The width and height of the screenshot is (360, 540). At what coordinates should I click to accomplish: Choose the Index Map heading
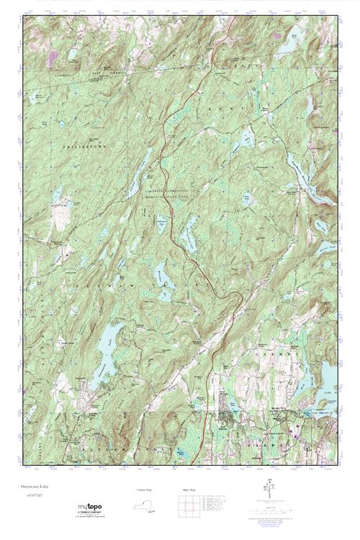pyautogui.click(x=188, y=490)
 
